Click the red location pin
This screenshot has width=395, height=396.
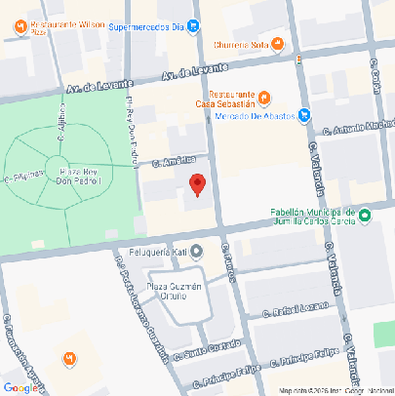pyautogui.click(x=197, y=184)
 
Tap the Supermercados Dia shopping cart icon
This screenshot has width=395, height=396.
pyautogui.click(x=193, y=28)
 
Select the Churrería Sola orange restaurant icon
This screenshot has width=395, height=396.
pyautogui.click(x=277, y=43)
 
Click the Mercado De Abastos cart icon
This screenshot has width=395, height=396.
pyautogui.click(x=304, y=115)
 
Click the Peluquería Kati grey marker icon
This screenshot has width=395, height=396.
pyautogui.click(x=196, y=250)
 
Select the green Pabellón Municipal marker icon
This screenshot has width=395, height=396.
pyautogui.click(x=362, y=214)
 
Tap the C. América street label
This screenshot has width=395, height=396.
pyautogui.click(x=169, y=161)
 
